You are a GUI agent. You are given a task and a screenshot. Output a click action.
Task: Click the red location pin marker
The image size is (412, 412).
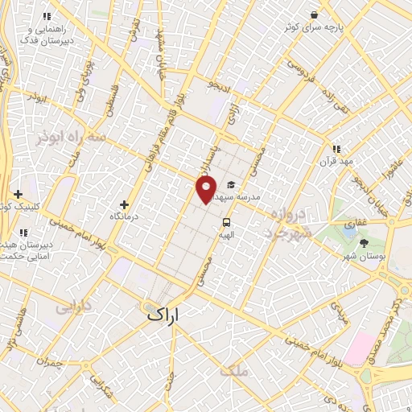coord(206,190)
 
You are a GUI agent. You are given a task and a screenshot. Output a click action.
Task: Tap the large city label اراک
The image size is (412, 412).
coord(167,315)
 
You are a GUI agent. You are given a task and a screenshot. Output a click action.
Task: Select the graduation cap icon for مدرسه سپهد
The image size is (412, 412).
coord(232,183)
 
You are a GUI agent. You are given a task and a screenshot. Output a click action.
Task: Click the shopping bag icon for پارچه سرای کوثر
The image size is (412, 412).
coord(315,14)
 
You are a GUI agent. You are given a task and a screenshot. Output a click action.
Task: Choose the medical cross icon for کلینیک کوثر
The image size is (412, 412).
coord(18,194)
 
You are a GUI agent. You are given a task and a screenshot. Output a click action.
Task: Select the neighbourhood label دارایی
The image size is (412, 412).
coord(68,307)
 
